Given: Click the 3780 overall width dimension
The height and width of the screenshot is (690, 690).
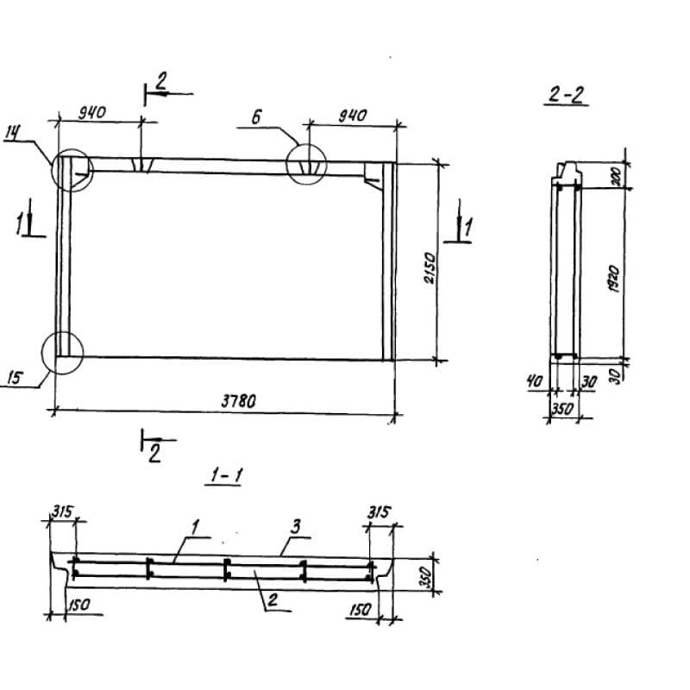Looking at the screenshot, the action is (x=238, y=401).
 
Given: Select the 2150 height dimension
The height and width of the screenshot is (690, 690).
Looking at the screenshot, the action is (x=430, y=268).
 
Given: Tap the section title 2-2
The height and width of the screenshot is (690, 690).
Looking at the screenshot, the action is (x=566, y=95).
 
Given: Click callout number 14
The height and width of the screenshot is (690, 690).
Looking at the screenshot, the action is (x=13, y=134).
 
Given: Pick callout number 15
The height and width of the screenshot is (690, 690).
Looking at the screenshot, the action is (x=16, y=378).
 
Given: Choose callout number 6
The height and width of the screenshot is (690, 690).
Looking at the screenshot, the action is (x=256, y=117).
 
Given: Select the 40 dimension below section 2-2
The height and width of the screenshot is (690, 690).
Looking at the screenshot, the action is (x=535, y=381).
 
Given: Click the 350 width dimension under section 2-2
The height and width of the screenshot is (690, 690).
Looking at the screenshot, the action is (x=562, y=409).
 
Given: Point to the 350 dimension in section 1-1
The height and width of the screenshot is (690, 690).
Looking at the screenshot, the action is (x=424, y=577).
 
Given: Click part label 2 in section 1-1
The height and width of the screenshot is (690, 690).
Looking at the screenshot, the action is (x=273, y=599).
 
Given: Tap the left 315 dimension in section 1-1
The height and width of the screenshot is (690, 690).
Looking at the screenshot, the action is (x=63, y=511).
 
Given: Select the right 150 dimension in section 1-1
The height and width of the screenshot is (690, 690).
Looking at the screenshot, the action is (x=361, y=611).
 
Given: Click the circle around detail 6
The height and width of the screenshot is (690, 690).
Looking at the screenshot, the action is (x=306, y=144).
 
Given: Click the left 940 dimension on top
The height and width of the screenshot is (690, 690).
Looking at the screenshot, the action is (x=92, y=113).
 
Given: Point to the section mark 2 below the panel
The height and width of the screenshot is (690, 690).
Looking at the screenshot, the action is (x=154, y=454).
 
